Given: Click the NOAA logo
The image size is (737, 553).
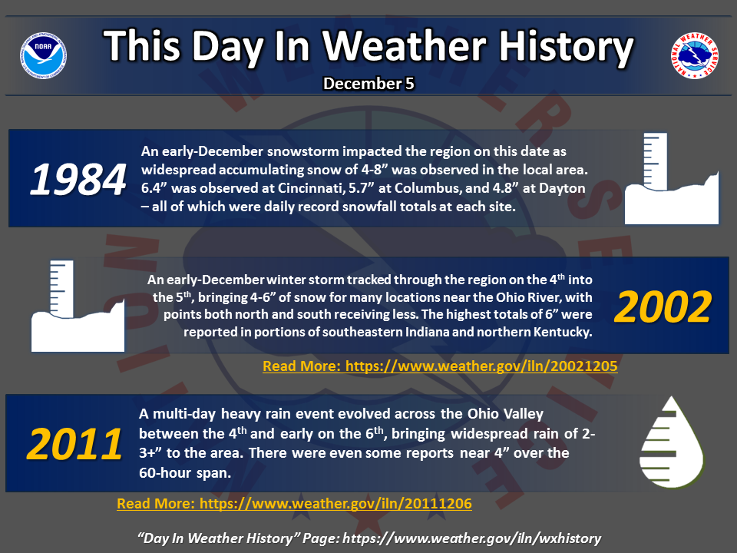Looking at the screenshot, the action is coord(43,55).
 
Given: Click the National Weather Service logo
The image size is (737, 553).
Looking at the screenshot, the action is coord(694,55).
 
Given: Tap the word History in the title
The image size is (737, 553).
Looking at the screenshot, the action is coord(566,46).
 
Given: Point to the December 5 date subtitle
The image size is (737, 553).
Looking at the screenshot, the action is coord(368,84).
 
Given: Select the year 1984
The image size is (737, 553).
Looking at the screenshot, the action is coord(78,179).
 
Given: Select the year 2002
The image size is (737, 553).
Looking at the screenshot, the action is coord(663,306).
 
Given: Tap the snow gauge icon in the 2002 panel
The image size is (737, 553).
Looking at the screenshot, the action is coord(78,306).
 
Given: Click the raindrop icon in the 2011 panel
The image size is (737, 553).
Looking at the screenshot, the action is coord(671,442).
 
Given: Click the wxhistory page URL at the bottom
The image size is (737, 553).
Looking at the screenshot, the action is coord(471,538).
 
